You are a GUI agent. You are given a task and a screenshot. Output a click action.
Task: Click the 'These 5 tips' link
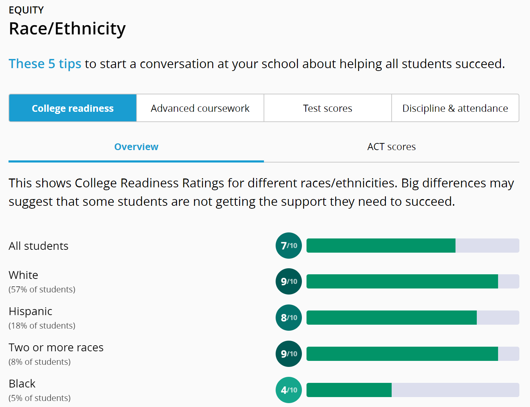click(45, 64)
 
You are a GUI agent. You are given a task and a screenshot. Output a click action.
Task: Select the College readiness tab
click(73, 108)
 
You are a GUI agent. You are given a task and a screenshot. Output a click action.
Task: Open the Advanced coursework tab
click(200, 108)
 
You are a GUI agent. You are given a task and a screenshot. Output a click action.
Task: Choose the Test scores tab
click(327, 108)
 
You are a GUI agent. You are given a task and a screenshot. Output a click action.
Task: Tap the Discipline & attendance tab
click(455, 108)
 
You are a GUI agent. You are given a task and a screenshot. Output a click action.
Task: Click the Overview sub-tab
click(136, 147)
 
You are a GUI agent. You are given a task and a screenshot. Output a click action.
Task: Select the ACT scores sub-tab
click(391, 147)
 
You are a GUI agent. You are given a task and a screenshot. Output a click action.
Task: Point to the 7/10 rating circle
click(289, 246)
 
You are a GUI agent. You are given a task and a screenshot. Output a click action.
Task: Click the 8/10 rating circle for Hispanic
click(289, 318)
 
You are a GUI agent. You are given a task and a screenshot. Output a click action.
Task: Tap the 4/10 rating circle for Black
click(289, 390)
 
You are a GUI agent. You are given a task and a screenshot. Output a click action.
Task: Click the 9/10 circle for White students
click(289, 281)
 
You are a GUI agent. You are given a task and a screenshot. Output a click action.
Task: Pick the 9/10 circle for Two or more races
click(289, 354)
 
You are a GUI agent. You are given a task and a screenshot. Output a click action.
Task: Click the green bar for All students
click(381, 246)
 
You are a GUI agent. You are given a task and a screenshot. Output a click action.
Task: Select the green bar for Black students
click(349, 390)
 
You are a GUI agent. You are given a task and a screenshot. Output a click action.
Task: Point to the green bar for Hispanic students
click(391, 318)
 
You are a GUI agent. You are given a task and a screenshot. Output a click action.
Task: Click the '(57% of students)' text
click(42, 290)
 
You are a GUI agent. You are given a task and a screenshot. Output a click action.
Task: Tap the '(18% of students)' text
click(42, 326)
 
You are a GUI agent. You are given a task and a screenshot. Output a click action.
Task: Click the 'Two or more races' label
click(56, 347)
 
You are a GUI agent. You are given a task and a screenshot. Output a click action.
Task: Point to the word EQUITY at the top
click(26, 10)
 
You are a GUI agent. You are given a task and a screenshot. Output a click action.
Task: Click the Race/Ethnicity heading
click(67, 29)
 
